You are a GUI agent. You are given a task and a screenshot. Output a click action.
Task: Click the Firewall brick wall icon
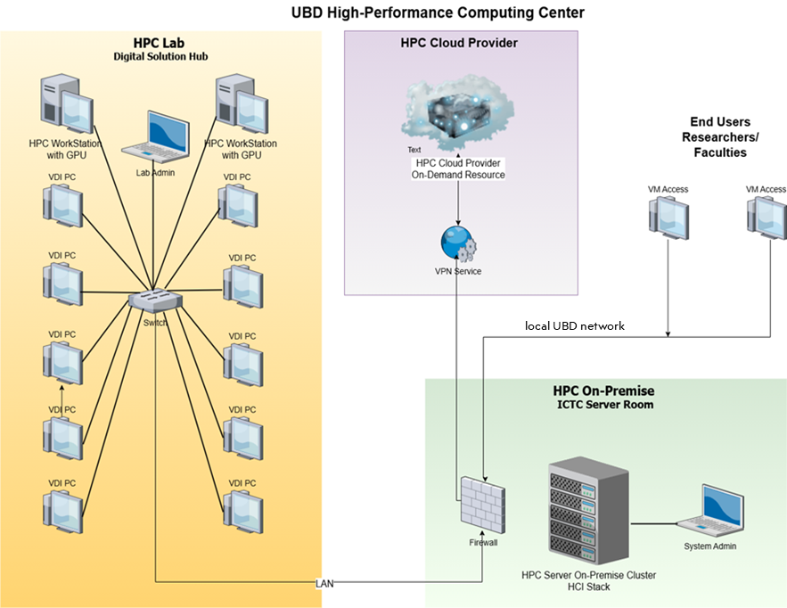[483, 505]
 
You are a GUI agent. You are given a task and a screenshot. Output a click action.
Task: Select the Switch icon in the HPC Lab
[155, 300]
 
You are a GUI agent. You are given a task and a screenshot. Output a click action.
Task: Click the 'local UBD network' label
[575, 326]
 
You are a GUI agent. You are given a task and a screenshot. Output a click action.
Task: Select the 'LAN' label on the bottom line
[325, 583]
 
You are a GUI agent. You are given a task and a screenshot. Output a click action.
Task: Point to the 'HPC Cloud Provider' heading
[459, 43]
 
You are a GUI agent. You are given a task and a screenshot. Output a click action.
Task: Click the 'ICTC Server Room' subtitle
[603, 406]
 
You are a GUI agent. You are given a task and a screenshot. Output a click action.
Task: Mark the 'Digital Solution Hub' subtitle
[160, 56]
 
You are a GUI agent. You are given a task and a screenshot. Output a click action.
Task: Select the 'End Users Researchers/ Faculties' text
[720, 137]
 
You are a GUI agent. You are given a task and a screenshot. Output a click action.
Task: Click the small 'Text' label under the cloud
[414, 150]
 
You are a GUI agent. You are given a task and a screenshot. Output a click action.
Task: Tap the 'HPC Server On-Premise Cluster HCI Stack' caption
[588, 580]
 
